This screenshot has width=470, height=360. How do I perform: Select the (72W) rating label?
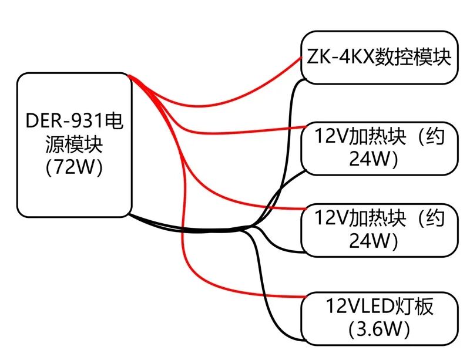[x=75, y=167]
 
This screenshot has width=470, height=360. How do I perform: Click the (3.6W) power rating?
[x=379, y=329]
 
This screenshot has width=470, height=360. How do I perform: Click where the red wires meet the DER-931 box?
[x=129, y=76]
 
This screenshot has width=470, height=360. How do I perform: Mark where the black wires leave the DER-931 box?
[x=129, y=214]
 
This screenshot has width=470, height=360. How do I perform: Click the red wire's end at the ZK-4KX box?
[x=301, y=57]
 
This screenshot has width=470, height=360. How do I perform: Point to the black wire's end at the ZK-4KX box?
[x=305, y=80]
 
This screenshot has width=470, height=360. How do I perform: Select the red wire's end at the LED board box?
[x=305, y=297]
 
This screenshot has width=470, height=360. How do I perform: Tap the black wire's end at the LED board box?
[x=304, y=340]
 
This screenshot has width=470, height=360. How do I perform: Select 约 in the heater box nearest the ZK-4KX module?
[x=435, y=136]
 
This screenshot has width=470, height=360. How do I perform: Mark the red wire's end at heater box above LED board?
[x=305, y=208]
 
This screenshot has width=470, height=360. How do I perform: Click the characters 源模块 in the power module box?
[x=75, y=144]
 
